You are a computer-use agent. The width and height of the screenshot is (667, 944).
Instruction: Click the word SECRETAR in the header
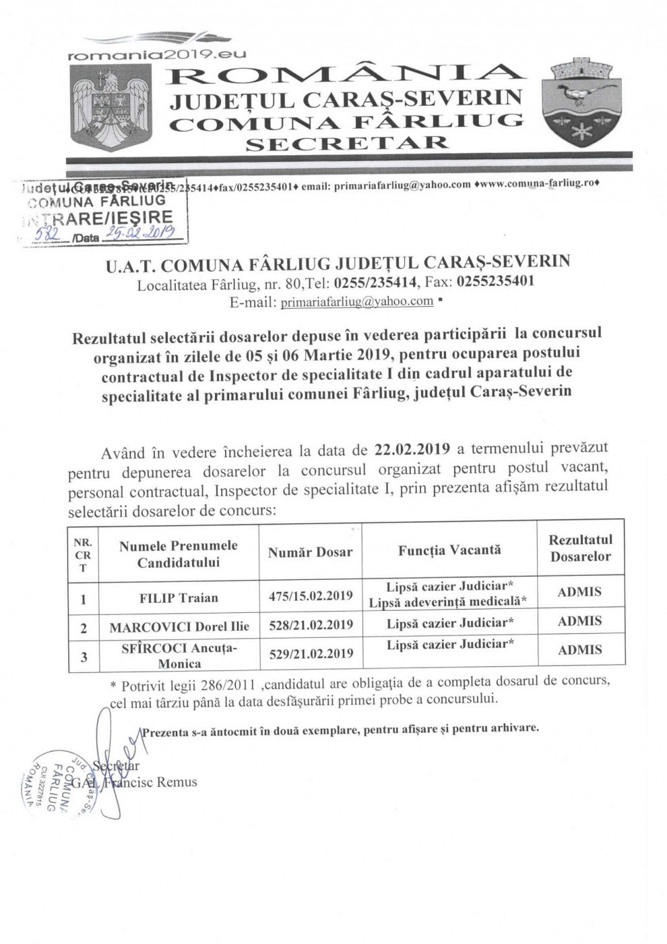347,142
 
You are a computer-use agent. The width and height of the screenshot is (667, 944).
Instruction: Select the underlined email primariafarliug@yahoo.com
357,301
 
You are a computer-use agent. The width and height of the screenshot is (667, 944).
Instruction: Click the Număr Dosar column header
310,552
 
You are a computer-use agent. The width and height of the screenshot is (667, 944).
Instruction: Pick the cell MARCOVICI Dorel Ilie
179,626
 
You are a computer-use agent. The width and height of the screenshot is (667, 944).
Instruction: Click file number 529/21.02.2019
310,653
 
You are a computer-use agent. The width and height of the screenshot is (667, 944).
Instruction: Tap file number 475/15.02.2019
310,595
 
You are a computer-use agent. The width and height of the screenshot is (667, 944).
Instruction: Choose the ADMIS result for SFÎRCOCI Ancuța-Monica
579,650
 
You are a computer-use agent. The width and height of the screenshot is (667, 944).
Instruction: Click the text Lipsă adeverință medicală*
448,603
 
